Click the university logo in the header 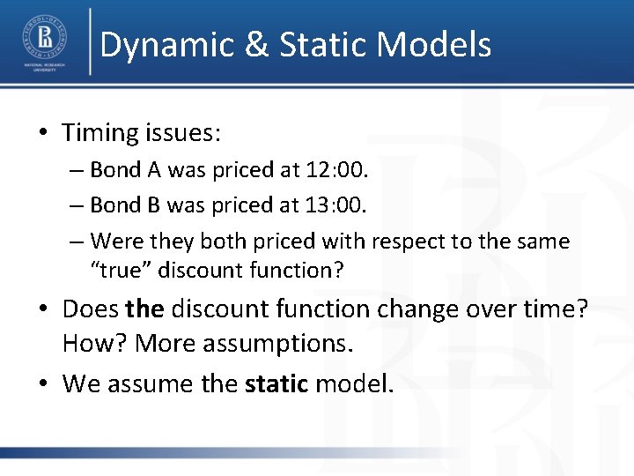pyautogui.click(x=43, y=42)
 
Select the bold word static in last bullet pyautogui.click(x=276, y=383)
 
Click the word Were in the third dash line pyautogui.click(x=115, y=242)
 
